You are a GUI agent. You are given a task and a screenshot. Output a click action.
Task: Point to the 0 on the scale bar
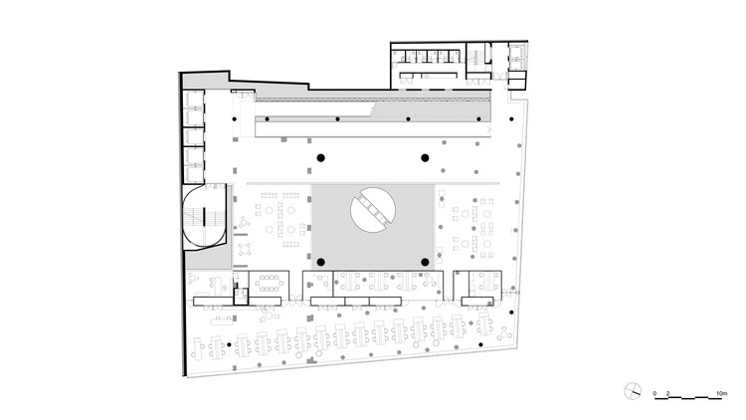pos(655,396)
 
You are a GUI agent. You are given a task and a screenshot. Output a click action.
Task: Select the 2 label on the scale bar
pos(669,396)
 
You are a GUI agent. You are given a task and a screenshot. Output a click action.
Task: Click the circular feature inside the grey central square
pos(373,209)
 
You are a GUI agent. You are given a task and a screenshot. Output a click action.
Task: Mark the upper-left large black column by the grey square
pos(321,158)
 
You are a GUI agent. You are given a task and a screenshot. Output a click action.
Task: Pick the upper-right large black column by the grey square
pos(425,158)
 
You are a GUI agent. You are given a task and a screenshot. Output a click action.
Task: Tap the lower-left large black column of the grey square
pos(321,262)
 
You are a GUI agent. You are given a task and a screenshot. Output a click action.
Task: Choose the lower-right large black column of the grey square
pos(425,262)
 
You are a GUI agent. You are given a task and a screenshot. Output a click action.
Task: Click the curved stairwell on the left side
pos(206,216)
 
